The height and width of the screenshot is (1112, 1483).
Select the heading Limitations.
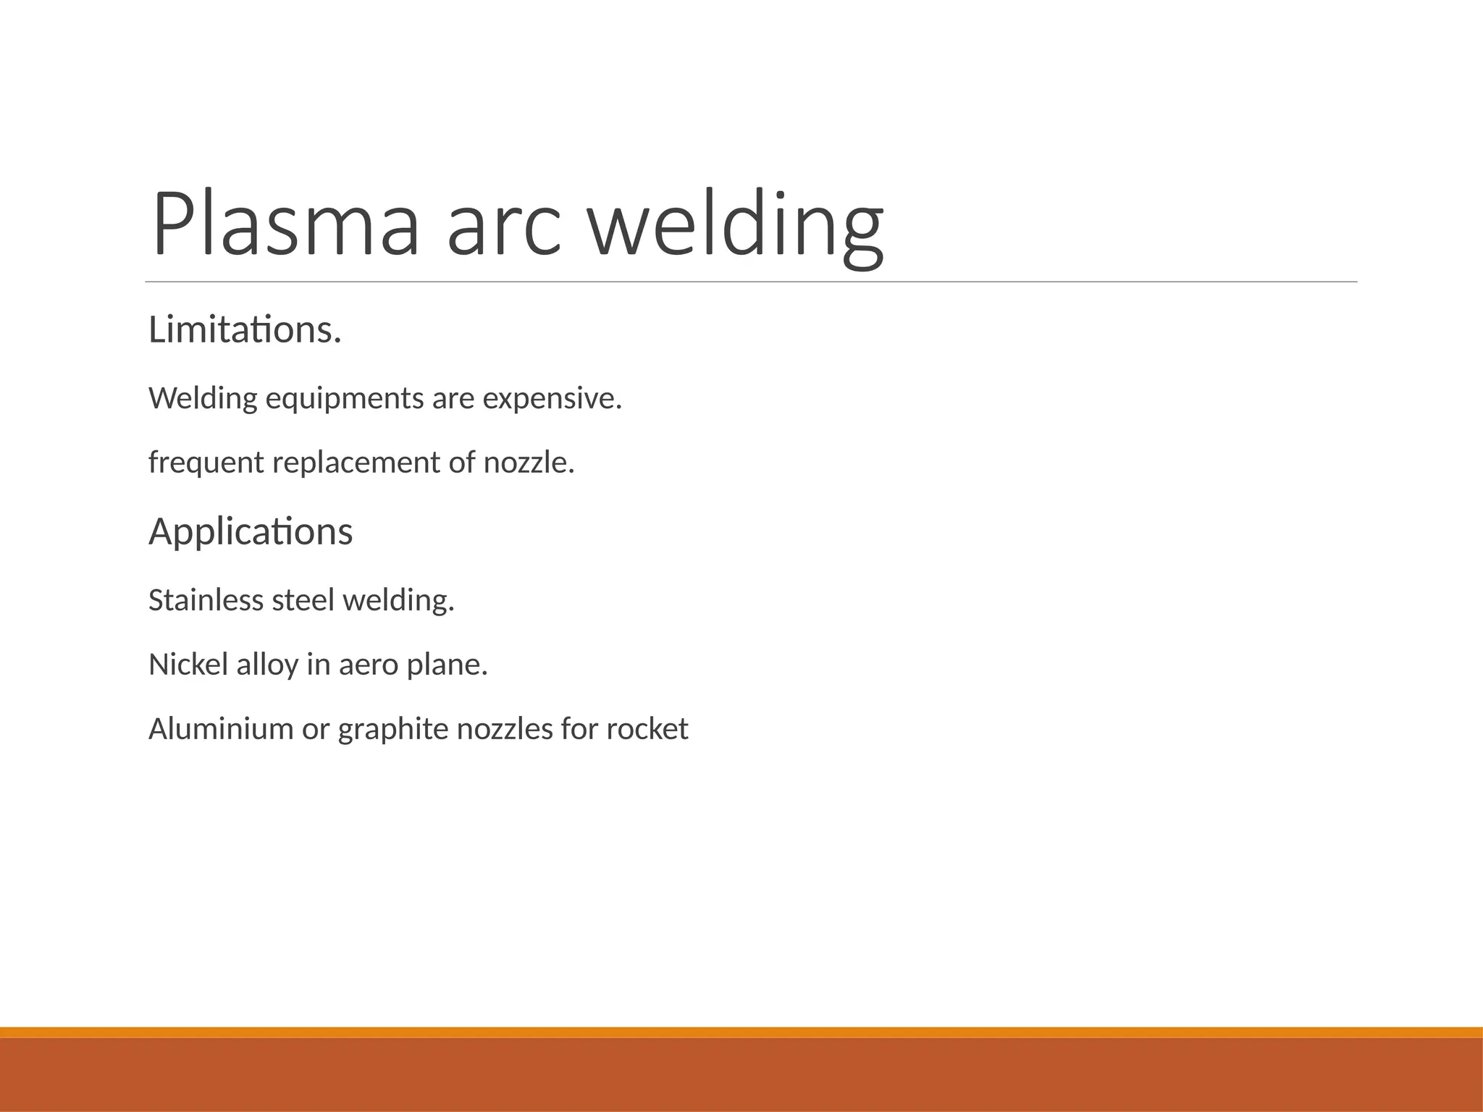coord(245,330)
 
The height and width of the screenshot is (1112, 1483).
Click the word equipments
coord(344,399)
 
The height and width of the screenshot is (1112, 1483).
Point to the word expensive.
coord(552,399)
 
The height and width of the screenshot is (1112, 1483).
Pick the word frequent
coord(206,463)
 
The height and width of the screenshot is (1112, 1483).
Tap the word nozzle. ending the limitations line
coord(529,463)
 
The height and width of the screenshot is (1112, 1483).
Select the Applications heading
coord(251,532)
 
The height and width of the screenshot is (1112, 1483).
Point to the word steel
coord(303,600)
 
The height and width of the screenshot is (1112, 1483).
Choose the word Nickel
coord(188,665)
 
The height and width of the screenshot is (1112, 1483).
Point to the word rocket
coord(647,729)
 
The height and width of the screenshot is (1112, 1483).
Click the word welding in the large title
coord(734,226)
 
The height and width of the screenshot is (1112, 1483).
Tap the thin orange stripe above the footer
coord(741,1032)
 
